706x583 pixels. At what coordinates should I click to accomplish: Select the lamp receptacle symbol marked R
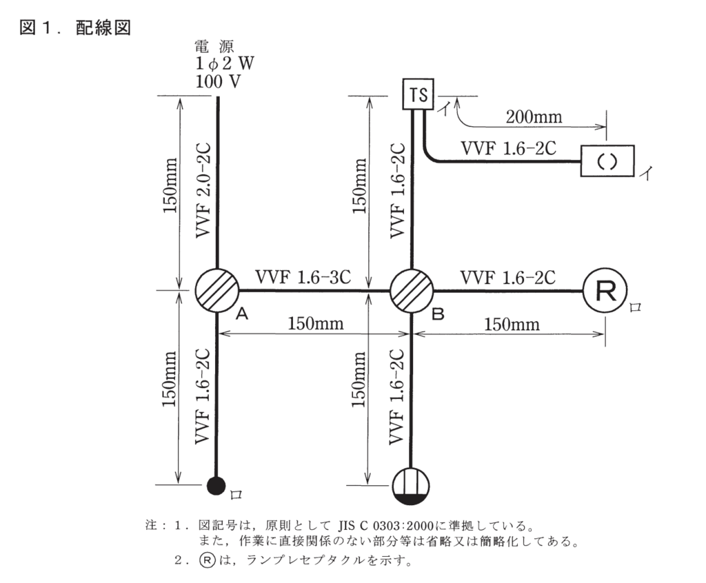pyautogui.click(x=605, y=290)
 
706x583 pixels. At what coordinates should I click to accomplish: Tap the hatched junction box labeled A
pyautogui.click(x=217, y=290)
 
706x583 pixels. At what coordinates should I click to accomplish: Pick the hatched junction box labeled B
pyautogui.click(x=412, y=290)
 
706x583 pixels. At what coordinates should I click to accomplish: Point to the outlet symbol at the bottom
pyautogui.click(x=412, y=485)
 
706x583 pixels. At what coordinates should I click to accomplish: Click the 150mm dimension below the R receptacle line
pyautogui.click(x=511, y=324)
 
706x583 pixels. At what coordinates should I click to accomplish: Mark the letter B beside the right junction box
pyautogui.click(x=437, y=314)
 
